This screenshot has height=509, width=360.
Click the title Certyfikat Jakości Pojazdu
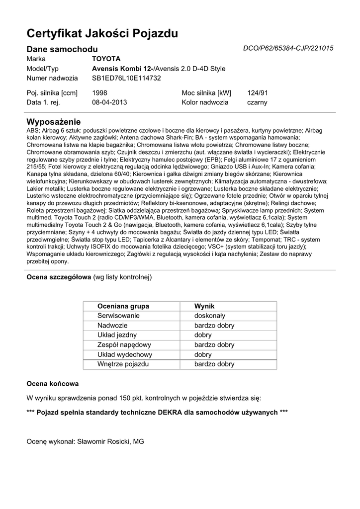pos(102,34)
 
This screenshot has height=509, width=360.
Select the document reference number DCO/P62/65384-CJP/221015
pos(288,48)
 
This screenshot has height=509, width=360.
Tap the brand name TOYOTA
pos(106,59)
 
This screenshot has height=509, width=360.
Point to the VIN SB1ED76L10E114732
pos(127,78)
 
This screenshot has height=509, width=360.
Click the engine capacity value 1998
pos(100,92)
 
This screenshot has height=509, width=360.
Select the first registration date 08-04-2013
pos(110,102)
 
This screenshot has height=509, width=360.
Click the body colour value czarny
pos(257,102)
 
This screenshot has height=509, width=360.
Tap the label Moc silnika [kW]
pos(206,92)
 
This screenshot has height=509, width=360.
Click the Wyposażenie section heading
pos(53,122)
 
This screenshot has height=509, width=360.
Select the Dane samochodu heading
pos(62,49)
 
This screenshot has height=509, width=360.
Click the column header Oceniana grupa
pos(123,306)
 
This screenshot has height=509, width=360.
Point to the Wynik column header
pos(204,306)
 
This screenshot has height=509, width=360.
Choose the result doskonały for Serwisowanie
pos(210,316)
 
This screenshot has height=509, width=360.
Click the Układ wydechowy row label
pos(125,354)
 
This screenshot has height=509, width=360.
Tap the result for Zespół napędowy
pos(214,344)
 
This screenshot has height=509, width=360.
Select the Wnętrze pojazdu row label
pos(123,364)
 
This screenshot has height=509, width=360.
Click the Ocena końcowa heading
pos(52,384)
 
